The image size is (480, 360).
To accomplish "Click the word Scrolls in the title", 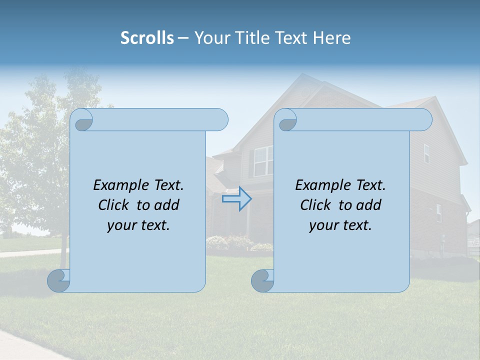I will (147, 38).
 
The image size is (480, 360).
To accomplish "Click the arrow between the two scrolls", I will (236, 199).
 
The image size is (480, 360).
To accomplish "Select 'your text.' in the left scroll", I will (138, 225).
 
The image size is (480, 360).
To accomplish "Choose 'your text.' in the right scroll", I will (340, 225).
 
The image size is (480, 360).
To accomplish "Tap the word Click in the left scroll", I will (115, 205).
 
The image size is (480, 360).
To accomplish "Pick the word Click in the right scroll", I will (317, 205).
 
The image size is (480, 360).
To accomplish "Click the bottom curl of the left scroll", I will (59, 280).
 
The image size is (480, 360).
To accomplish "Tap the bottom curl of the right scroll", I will (263, 280).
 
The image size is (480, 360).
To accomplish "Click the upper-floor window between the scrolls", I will (263, 161).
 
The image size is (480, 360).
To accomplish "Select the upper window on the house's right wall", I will (426, 153).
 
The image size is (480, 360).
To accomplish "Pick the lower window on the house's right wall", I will (438, 213).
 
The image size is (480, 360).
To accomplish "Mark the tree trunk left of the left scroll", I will (63, 257).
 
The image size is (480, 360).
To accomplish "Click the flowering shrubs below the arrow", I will (230, 243).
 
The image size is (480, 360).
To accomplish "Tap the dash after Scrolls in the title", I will (183, 38).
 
